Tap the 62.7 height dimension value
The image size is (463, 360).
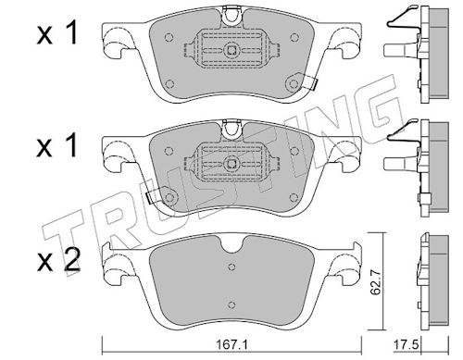(375, 283)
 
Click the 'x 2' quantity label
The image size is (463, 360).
(58, 261)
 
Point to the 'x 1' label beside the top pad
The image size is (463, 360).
(56, 35)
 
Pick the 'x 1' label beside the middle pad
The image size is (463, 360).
(56, 146)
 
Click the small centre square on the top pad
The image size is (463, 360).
(231, 50)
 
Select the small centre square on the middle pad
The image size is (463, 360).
(231, 164)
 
